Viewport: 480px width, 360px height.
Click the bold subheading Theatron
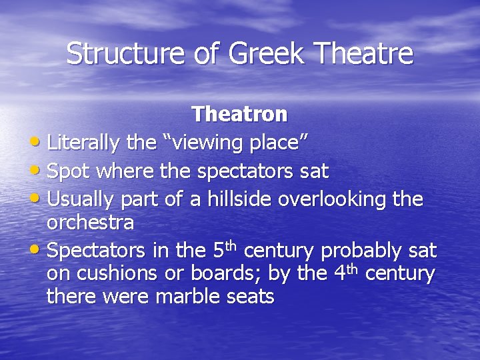(x=240, y=115)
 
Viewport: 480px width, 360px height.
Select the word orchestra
(x=90, y=223)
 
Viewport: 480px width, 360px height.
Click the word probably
(x=361, y=251)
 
